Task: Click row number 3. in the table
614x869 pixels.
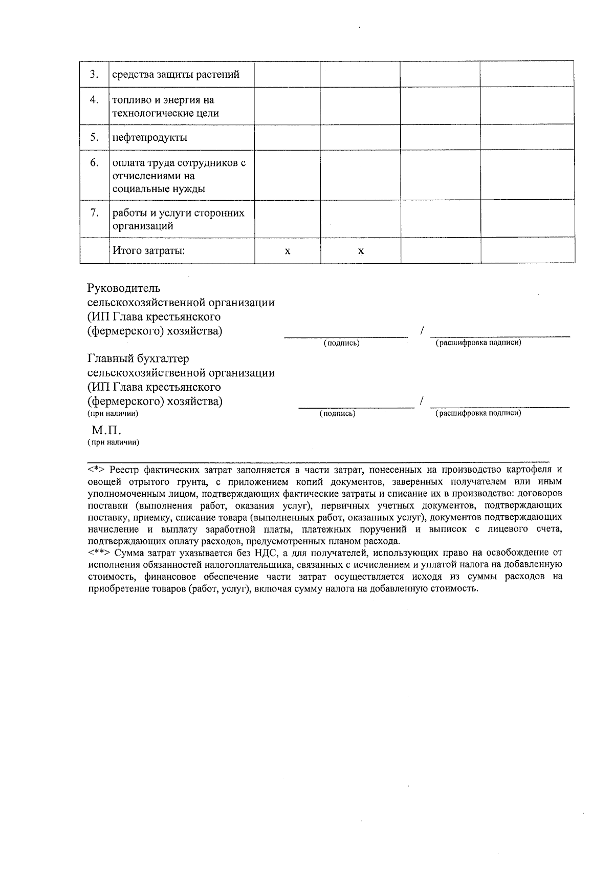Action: [x=94, y=74]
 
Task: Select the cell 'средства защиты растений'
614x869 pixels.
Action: [x=176, y=75]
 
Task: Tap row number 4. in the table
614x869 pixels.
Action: [x=94, y=100]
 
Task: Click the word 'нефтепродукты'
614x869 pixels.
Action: [x=149, y=137]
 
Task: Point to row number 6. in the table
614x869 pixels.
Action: [x=94, y=163]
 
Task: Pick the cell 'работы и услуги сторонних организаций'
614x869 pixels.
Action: [x=178, y=219]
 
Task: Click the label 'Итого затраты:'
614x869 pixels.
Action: [x=148, y=251]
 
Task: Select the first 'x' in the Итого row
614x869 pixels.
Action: [x=288, y=251]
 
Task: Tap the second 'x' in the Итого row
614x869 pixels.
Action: [x=361, y=251]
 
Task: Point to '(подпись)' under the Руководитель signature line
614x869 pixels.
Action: [x=341, y=343]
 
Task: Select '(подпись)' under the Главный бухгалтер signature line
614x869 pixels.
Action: [x=337, y=413]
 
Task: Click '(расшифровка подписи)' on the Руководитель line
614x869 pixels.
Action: [x=478, y=343]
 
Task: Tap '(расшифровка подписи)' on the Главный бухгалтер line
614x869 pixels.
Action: [x=478, y=413]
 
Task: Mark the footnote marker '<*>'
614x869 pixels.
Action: [x=96, y=469]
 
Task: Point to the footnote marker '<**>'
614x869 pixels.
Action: [x=98, y=553]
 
